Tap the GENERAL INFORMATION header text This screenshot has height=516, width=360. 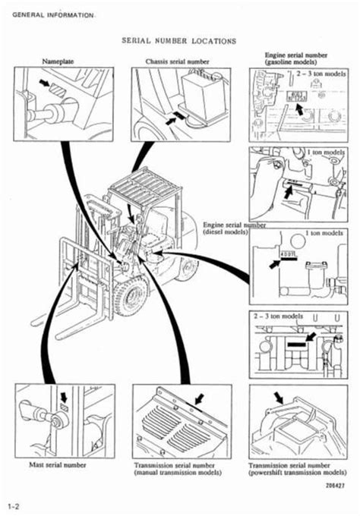52,15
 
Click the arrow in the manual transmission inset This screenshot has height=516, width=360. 200,397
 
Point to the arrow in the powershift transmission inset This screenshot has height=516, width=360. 280,396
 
